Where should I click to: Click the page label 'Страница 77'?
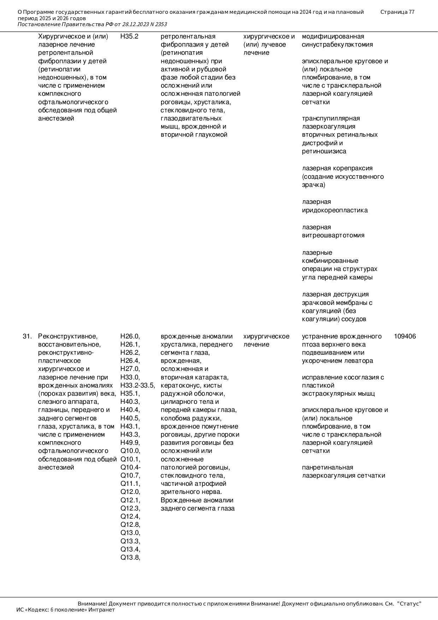click(397, 12)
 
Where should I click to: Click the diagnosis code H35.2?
click(129, 36)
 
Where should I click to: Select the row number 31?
click(27, 336)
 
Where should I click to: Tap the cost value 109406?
click(405, 336)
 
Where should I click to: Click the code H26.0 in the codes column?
click(130, 336)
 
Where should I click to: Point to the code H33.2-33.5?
click(137, 385)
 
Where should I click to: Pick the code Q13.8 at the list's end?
click(130, 558)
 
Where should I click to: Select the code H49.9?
click(130, 443)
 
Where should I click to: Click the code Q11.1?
click(130, 484)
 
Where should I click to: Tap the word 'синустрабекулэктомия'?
click(337, 45)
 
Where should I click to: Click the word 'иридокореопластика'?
click(335, 210)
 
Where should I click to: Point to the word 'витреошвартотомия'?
click(333, 235)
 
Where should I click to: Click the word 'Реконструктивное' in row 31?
click(67, 336)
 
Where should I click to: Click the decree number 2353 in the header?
click(161, 24)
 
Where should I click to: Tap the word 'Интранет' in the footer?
click(101, 610)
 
